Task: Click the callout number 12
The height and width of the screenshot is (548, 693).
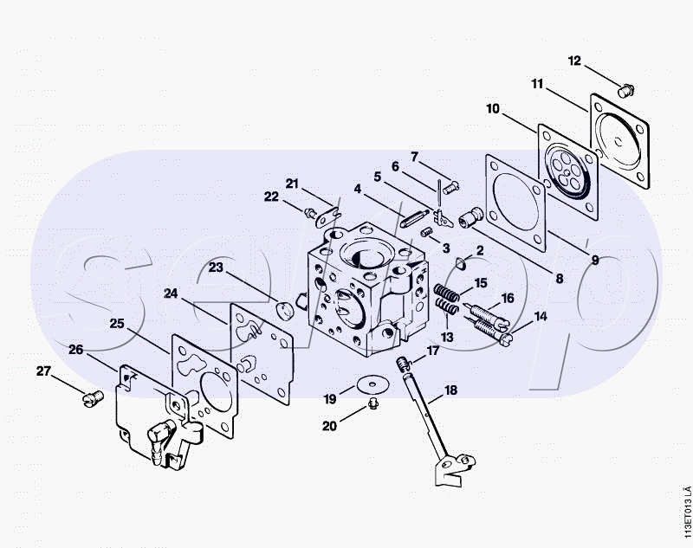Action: [575, 61]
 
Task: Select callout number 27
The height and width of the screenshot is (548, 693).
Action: [43, 371]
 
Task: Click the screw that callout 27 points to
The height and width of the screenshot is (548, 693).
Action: [90, 397]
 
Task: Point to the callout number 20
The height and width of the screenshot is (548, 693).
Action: [329, 425]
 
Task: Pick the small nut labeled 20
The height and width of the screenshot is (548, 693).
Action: [372, 404]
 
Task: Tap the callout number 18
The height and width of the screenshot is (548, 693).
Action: [450, 390]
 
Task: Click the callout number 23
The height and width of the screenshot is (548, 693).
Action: [216, 268]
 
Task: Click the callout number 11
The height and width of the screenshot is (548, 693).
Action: [537, 84]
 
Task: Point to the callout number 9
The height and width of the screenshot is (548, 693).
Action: [595, 259]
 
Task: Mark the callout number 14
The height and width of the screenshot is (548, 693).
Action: [541, 317]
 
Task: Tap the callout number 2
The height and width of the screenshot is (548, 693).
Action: [480, 251]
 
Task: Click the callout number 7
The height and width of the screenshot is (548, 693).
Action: [415, 157]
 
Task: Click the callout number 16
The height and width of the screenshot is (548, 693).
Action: [508, 299]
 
